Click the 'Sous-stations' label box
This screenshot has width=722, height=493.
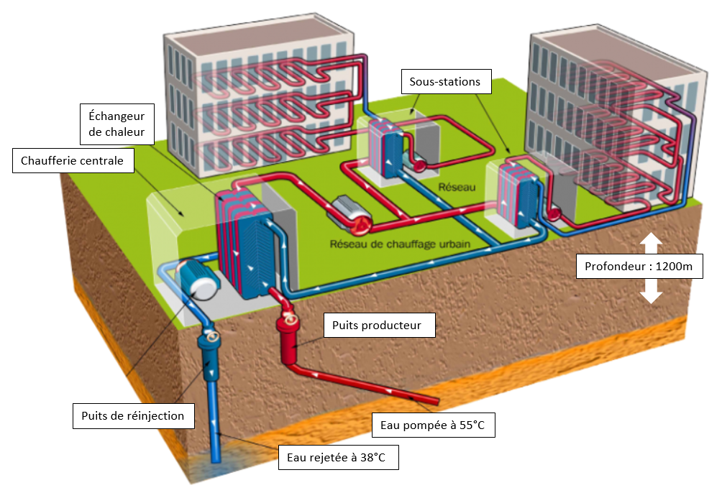click(444, 82)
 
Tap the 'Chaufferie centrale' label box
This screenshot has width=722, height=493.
click(73, 161)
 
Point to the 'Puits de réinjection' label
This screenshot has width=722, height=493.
click(132, 415)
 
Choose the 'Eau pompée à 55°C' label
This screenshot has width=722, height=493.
click(433, 425)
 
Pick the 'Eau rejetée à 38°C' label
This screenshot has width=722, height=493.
click(338, 456)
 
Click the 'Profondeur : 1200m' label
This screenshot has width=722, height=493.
click(639, 267)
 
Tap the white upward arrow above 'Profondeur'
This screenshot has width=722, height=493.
click(650, 243)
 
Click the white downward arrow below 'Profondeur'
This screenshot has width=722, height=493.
click(650, 292)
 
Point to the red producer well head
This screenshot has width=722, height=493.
click(289, 331)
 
